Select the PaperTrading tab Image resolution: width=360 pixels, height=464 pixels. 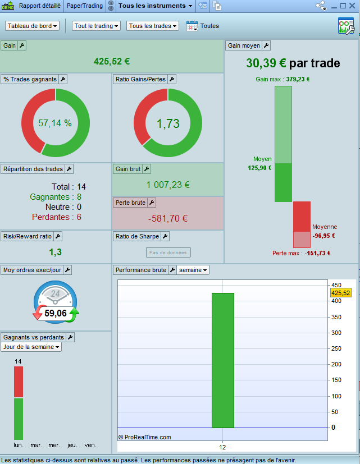click(84, 6)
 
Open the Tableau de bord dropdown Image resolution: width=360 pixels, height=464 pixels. click(33, 26)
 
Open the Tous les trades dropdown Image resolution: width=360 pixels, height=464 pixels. click(153, 26)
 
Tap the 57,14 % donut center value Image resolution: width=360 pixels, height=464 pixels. click(55, 123)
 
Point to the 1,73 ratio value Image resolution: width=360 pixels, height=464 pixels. click(168, 123)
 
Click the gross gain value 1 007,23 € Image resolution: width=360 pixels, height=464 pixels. click(168, 185)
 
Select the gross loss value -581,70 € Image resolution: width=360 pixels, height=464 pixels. click(168, 219)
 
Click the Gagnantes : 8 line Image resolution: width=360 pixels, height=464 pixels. click(56, 197)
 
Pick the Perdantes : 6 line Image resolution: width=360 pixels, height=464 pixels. click(56, 217)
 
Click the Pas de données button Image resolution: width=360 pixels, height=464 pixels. click(168, 253)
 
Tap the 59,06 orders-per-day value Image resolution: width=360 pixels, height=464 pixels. click(56, 313)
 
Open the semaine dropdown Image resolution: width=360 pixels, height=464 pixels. click(193, 270)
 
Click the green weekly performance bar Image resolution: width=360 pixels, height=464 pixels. click(222, 359)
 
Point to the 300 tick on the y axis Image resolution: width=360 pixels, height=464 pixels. click(336, 333)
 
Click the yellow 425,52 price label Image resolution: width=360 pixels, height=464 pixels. click(340, 293)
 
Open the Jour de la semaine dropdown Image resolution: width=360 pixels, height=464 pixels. click(31, 347)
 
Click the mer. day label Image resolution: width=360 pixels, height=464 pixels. click(54, 445)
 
